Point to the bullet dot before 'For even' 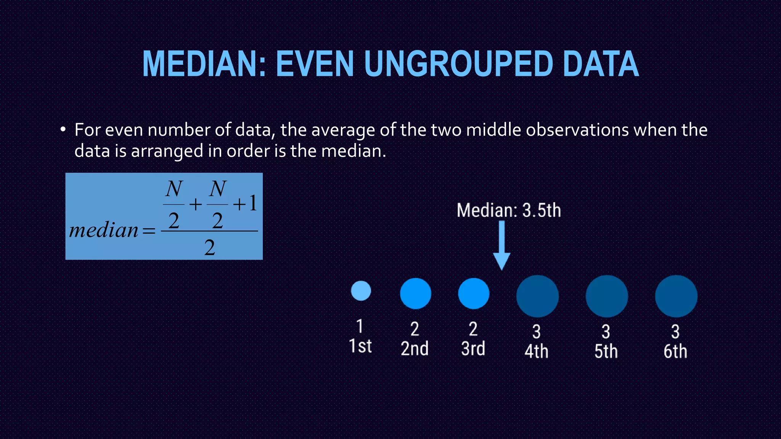[63, 130]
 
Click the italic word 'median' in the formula [104, 230]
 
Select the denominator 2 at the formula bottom [209, 248]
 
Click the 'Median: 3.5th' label [509, 210]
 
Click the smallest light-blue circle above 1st [361, 291]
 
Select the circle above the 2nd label [415, 293]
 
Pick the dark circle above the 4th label [537, 296]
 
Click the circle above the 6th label [676, 296]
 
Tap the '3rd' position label [473, 348]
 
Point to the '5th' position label [606, 351]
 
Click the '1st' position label [360, 346]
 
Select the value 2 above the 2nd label [415, 329]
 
